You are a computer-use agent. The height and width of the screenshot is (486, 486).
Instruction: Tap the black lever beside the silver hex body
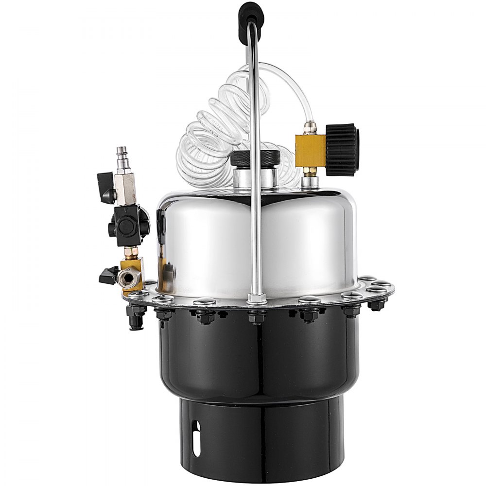point(106,186)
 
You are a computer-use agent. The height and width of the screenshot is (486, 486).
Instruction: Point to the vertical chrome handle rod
point(255,194)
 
